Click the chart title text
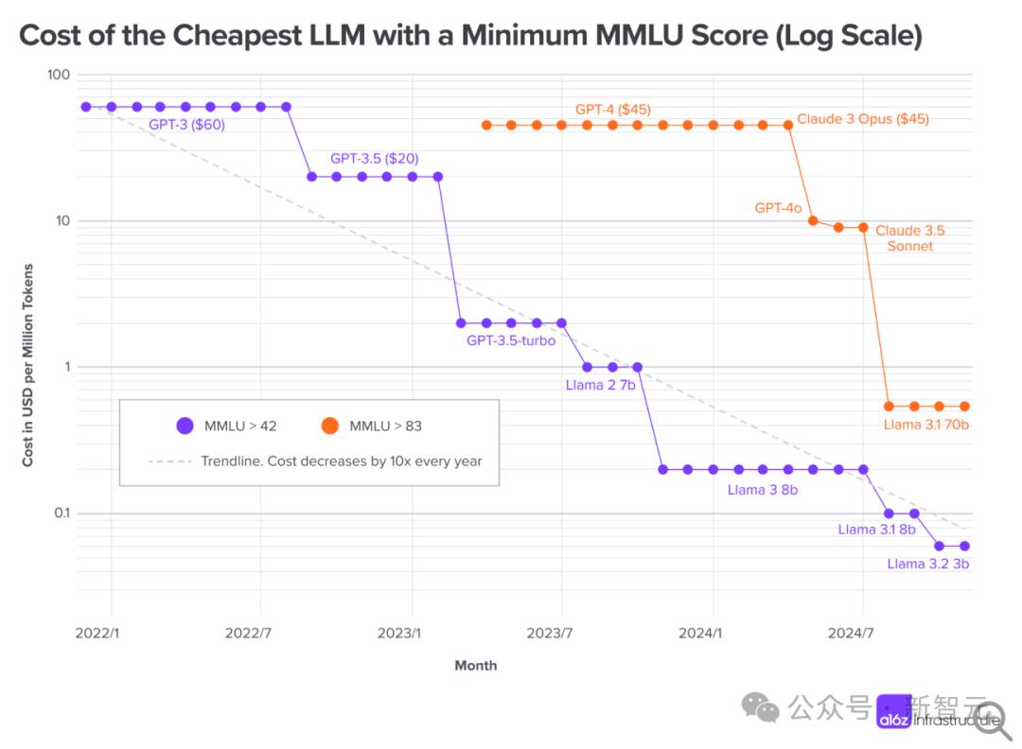pyautogui.click(x=470, y=36)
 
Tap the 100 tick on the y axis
pyautogui.click(x=59, y=75)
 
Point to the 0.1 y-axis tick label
pyautogui.click(x=61, y=514)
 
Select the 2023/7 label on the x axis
pyautogui.click(x=561, y=633)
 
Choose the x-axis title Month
pyautogui.click(x=475, y=665)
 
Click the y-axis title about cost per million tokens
pyautogui.click(x=28, y=365)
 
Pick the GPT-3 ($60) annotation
pyautogui.click(x=186, y=125)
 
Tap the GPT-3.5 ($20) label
pyautogui.click(x=374, y=159)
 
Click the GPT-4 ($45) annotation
pyautogui.click(x=612, y=110)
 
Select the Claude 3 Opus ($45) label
pyautogui.click(x=862, y=119)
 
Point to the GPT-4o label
pyautogui.click(x=779, y=208)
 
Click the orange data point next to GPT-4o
pyautogui.click(x=813, y=221)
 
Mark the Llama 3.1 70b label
pyautogui.click(x=926, y=425)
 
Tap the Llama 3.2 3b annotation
pyautogui.click(x=927, y=564)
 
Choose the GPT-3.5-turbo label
pyautogui.click(x=511, y=340)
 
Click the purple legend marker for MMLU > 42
pyautogui.click(x=185, y=426)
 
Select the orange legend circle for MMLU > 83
pyautogui.click(x=329, y=426)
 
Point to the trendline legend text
pyautogui.click(x=342, y=462)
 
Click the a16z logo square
pyautogui.click(x=894, y=712)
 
